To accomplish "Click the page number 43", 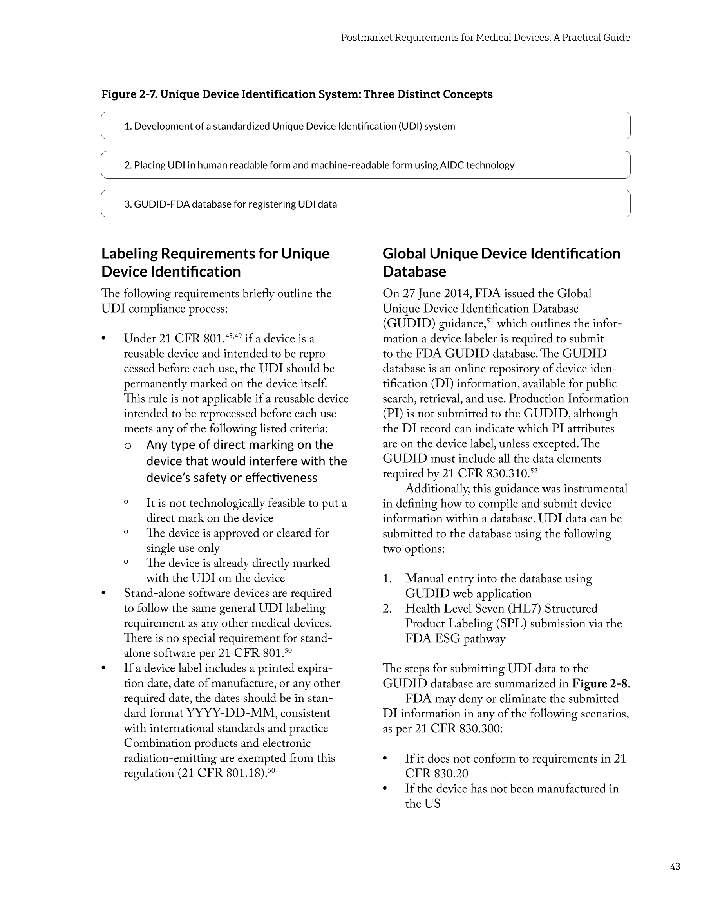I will click(675, 866).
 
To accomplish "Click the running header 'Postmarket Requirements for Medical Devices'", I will click(485, 38).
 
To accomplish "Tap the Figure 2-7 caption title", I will click(297, 94).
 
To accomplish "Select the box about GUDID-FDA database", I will click(365, 204).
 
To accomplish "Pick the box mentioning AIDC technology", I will click(365, 165).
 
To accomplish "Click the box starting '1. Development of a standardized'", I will click(365, 126).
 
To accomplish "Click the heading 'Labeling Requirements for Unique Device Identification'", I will click(215, 262).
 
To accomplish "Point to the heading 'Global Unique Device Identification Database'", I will click(501, 262).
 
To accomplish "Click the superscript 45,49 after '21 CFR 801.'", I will click(233, 336).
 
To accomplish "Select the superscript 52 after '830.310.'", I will click(533, 471).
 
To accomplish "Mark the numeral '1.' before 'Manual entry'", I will click(387, 579).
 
